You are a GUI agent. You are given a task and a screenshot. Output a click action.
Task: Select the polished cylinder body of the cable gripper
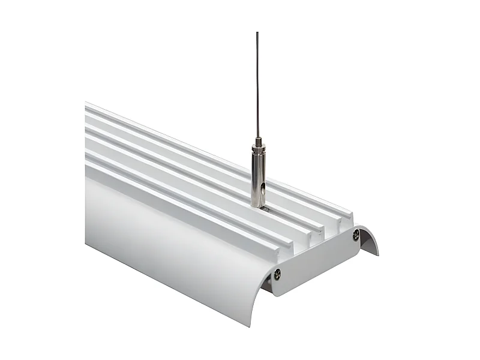pos(257,180)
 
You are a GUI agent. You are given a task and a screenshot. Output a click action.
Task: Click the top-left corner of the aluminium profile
pos(86,104)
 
